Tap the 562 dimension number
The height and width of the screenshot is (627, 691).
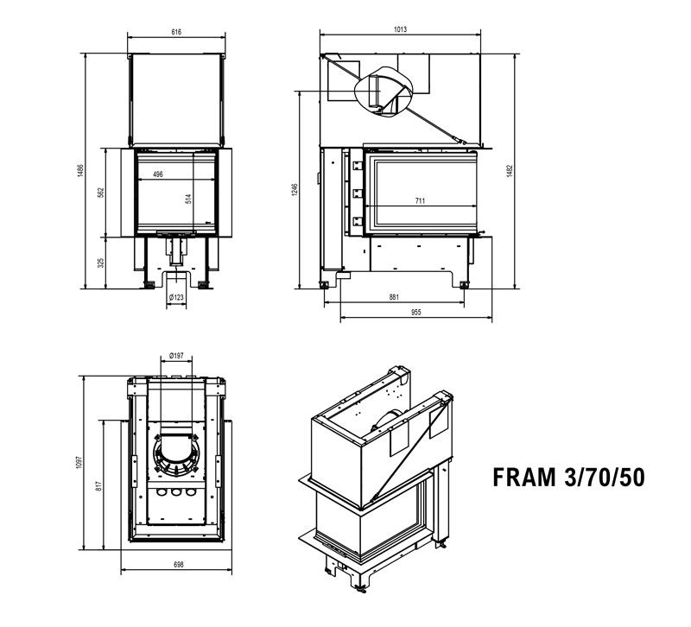pos(101,192)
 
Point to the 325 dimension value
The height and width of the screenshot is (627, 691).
pos(101,263)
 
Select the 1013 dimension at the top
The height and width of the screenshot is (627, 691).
pos(400,29)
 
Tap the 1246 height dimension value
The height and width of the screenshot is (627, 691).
pos(294,190)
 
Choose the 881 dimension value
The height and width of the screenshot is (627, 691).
pos(394,298)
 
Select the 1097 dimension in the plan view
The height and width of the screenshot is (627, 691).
pos(80,463)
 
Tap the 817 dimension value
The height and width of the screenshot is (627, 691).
pos(101,485)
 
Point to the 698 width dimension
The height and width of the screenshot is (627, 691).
pos(178,565)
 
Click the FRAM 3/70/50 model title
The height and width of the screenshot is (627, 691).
pos(566,478)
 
